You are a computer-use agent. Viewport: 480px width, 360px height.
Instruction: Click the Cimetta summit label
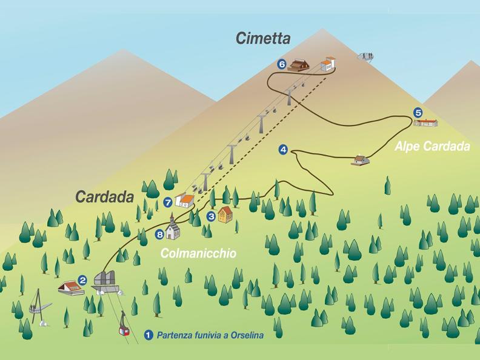click(263, 39)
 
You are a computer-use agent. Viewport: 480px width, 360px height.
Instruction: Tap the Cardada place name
click(104, 197)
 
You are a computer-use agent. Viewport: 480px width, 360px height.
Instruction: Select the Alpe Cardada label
click(432, 147)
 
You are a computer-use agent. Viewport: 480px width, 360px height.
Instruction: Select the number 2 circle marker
click(82, 281)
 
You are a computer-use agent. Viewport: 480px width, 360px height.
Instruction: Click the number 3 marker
click(211, 216)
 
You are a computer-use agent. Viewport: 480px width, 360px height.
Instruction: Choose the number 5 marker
click(418, 112)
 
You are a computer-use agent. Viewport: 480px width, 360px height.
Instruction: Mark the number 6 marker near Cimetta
click(281, 64)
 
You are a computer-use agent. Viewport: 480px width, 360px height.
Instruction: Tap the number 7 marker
click(168, 202)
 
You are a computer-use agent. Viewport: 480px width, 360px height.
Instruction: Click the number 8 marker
click(160, 234)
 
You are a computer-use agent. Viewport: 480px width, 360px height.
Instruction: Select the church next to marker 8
click(173, 228)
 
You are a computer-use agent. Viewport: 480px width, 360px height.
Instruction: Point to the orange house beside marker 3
click(225, 214)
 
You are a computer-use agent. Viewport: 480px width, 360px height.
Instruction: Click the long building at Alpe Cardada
click(425, 123)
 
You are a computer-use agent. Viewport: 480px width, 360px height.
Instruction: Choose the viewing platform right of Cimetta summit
click(365, 56)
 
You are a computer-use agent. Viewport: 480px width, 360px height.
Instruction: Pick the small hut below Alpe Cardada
click(361, 160)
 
